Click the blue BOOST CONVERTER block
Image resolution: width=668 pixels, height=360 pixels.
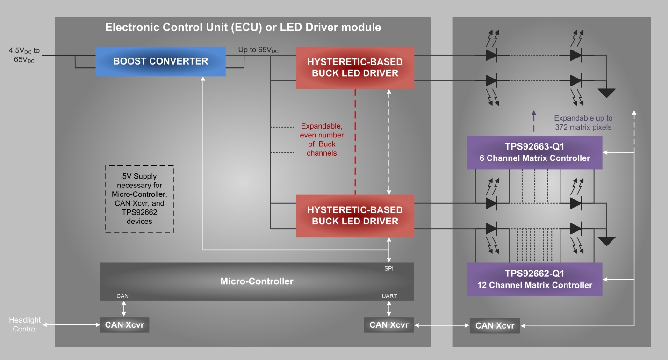pyautogui.click(x=160, y=61)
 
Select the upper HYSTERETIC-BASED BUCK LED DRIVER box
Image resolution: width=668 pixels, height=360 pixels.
pyautogui.click(x=355, y=67)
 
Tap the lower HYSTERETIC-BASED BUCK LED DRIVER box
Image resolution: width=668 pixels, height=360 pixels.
pyautogui.click(x=355, y=216)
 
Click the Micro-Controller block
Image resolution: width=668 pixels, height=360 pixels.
pyautogui.click(x=257, y=281)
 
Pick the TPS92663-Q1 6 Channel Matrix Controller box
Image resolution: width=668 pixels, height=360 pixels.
pyautogui.click(x=534, y=152)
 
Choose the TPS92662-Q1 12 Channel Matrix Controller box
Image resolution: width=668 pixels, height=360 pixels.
pyautogui.click(x=534, y=279)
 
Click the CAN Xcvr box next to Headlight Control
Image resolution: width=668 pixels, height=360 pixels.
pyautogui.click(x=124, y=325)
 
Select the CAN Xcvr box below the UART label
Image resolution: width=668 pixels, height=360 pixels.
pyautogui.click(x=388, y=325)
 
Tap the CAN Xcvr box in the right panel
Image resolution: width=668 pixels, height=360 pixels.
pyautogui.click(x=495, y=326)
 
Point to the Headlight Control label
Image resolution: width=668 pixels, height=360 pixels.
pyautogui.click(x=25, y=324)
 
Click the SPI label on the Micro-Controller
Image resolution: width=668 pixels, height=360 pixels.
pyautogui.click(x=389, y=269)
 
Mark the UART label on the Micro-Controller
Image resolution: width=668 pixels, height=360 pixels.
pyautogui.click(x=389, y=296)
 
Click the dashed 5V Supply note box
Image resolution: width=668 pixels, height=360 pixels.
pyautogui.click(x=140, y=199)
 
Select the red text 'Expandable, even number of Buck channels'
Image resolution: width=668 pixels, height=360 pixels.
pyautogui.click(x=321, y=139)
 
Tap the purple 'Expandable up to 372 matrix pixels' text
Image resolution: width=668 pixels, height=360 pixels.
pyautogui.click(x=583, y=122)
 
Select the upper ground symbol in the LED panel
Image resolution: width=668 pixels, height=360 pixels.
pyautogui.click(x=607, y=93)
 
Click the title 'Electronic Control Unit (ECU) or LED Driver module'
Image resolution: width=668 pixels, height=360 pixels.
pyautogui.click(x=243, y=27)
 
